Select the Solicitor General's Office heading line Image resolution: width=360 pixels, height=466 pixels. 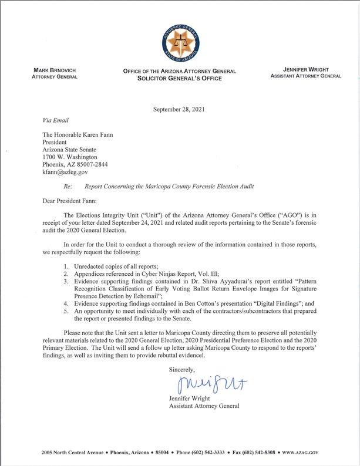point(180,78)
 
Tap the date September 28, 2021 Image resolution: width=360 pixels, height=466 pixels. point(179,109)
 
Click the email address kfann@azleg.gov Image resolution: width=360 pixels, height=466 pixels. point(65,172)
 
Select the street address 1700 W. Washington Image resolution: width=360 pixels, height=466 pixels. point(69,158)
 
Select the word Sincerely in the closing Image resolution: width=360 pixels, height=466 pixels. point(183,370)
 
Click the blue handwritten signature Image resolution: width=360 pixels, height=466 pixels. point(203,385)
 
